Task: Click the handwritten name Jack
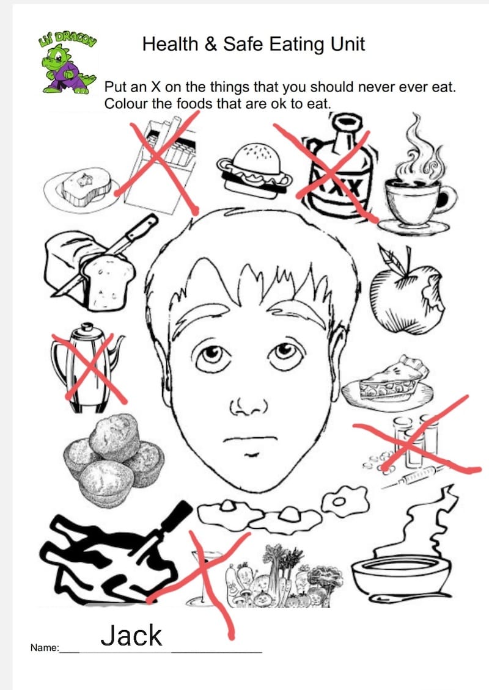[131, 636]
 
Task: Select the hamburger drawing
[254, 171]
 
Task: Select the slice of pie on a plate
[388, 382]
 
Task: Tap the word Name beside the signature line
[44, 647]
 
